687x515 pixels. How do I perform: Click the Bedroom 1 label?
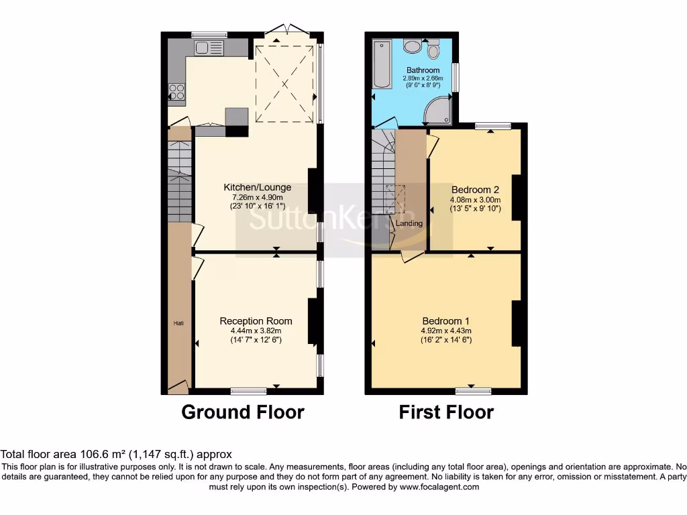click(446, 321)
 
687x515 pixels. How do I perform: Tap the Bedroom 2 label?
click(475, 190)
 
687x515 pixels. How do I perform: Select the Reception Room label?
click(256, 321)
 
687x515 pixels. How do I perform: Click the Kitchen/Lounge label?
click(257, 187)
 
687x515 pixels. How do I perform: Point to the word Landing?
click(409, 223)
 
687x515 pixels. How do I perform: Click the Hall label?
click(178, 323)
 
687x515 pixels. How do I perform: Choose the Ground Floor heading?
click(243, 412)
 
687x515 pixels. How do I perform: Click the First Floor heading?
click(446, 412)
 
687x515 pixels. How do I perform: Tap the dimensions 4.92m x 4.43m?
click(446, 331)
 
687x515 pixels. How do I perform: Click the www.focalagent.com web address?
click(439, 488)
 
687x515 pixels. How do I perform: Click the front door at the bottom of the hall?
click(177, 386)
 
